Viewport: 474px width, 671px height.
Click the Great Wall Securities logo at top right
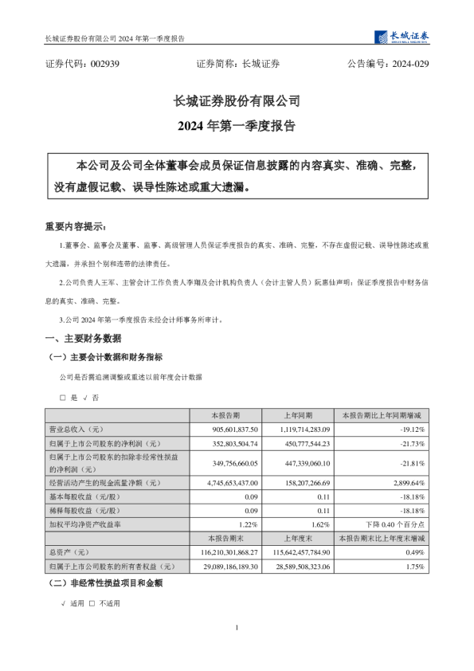pyautogui.click(x=402, y=37)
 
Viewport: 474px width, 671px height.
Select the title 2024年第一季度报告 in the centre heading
pyautogui.click(x=237, y=126)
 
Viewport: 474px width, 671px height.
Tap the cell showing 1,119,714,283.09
pyautogui.click(x=308, y=429)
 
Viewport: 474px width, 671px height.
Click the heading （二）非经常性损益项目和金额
pyautogui.click(x=105, y=583)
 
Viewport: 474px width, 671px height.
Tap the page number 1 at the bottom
pyautogui.click(x=237, y=630)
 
